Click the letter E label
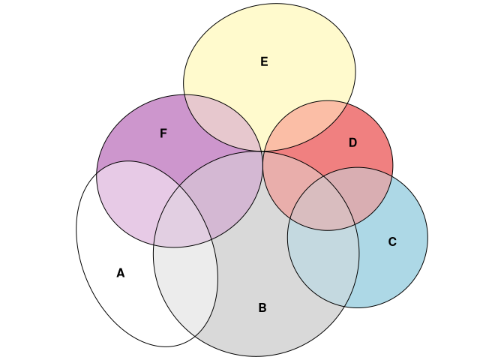pyautogui.click(x=264, y=61)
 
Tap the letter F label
pyautogui.click(x=163, y=133)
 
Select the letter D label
pyautogui.click(x=352, y=142)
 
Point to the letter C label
pyautogui.click(x=392, y=241)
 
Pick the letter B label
pyautogui.click(x=262, y=307)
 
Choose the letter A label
pyautogui.click(x=120, y=273)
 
